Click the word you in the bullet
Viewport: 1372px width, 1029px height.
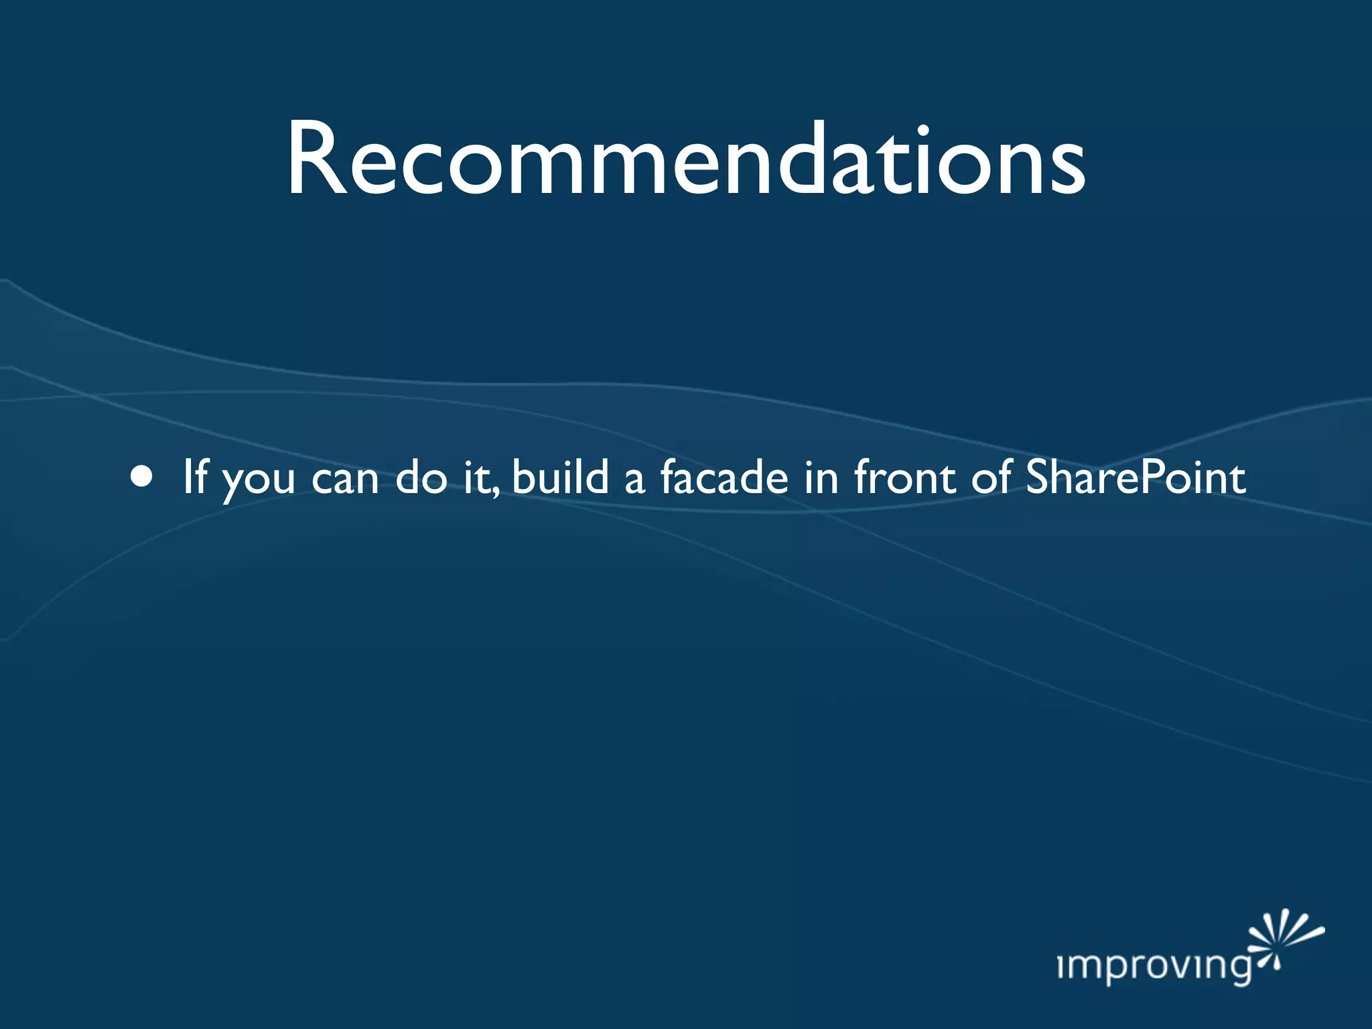click(258, 480)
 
